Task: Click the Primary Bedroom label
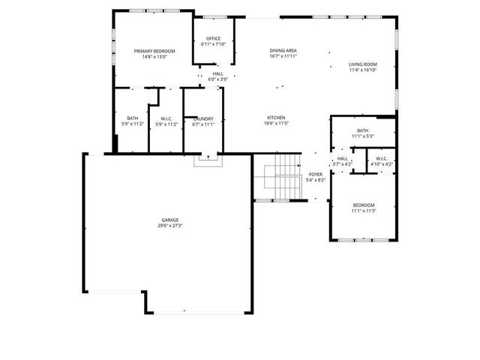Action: click(154, 51)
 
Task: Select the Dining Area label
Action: click(283, 50)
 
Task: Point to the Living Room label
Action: click(362, 64)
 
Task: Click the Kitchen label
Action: click(277, 118)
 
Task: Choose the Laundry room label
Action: click(203, 118)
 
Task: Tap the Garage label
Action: click(168, 220)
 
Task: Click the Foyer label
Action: click(316, 174)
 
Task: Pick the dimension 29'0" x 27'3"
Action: click(168, 225)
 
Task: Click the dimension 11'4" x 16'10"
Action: click(362, 70)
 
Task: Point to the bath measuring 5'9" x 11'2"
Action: click(132, 121)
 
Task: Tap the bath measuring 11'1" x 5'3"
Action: click(362, 133)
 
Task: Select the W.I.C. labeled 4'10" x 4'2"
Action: click(380, 160)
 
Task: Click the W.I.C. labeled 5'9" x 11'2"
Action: click(166, 121)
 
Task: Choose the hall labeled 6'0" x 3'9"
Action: click(217, 76)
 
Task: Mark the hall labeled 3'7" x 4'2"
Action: click(342, 160)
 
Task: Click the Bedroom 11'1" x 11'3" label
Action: click(364, 208)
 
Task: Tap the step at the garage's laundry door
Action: click(206, 160)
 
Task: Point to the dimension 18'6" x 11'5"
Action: click(277, 124)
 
